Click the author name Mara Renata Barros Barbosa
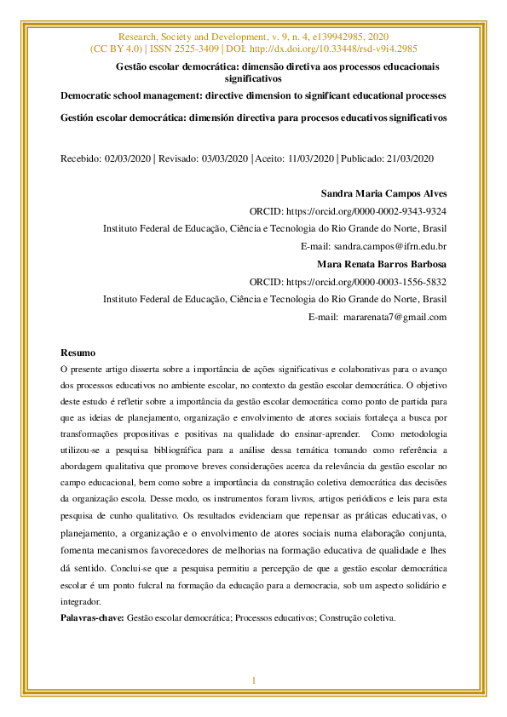[x=382, y=264]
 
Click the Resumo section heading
[x=78, y=353]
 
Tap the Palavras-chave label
[x=92, y=617]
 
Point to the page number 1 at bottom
[x=253, y=680]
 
